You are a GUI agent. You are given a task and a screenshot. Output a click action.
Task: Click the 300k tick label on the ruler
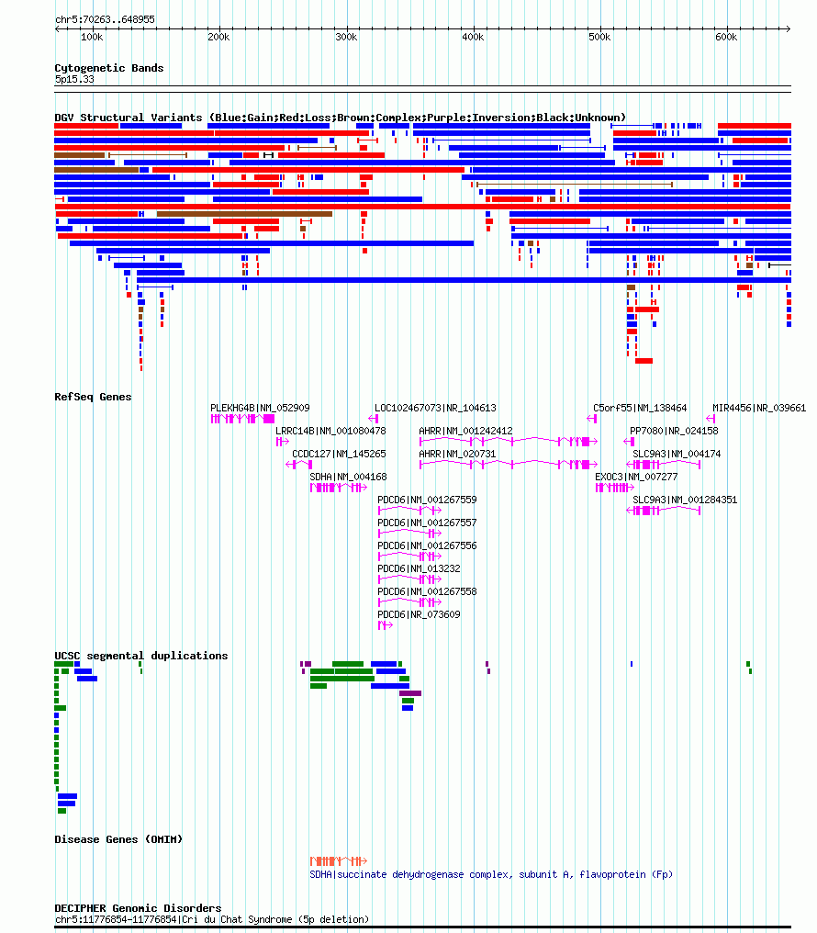[346, 37]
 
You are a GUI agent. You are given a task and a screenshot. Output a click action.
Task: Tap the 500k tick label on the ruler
[599, 37]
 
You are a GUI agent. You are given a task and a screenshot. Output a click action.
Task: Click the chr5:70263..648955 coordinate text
[105, 19]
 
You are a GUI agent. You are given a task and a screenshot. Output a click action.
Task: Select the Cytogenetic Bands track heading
[109, 68]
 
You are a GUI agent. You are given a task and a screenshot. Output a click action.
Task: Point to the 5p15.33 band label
[74, 79]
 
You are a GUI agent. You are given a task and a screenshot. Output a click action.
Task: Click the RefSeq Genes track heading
[93, 397]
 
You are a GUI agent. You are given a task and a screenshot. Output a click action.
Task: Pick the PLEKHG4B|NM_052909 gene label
[260, 408]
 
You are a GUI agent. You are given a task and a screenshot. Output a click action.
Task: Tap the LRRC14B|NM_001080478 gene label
[330, 431]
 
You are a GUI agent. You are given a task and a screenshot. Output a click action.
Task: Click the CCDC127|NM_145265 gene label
[339, 454]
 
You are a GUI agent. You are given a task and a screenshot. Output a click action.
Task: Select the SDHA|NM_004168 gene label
[349, 477]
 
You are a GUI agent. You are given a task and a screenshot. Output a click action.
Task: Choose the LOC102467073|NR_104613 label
[435, 408]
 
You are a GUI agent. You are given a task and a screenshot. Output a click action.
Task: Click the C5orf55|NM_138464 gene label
[640, 408]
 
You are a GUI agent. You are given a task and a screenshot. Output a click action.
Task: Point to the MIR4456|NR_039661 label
[759, 408]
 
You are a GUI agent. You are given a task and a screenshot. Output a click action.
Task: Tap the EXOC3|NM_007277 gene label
[636, 477]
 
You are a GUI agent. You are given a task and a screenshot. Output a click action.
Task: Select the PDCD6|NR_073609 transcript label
[419, 614]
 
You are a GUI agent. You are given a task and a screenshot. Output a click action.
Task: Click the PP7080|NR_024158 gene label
[674, 431]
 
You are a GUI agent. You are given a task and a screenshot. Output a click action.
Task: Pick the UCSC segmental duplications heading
[141, 656]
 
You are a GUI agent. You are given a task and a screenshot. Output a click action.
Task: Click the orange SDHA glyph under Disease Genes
[339, 861]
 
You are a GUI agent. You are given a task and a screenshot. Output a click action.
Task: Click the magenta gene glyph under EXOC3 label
[615, 488]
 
